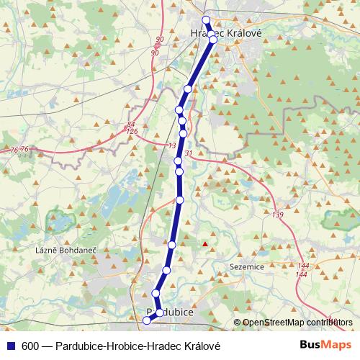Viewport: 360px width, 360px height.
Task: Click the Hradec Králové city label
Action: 225,33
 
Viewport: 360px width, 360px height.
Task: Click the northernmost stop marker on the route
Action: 206,20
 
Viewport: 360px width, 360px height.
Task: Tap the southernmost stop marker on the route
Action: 148,330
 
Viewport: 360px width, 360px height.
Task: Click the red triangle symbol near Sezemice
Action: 205,244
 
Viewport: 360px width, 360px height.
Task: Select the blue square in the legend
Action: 10,346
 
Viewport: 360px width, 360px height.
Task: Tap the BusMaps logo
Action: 329,346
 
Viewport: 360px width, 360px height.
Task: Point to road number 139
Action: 279,215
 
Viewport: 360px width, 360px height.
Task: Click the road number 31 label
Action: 189,153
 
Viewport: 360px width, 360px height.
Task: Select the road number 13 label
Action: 171,146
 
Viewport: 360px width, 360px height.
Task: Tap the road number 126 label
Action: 131,132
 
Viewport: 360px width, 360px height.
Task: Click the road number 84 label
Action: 130,125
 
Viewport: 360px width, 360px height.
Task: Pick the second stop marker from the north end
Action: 213,40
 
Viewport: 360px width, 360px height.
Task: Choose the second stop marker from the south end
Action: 160,313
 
